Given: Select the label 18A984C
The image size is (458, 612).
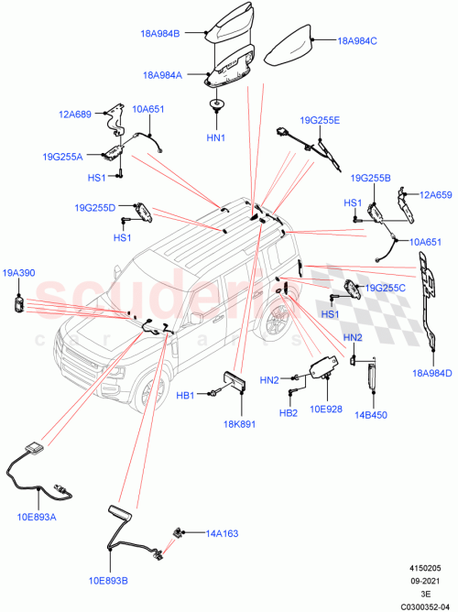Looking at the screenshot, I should pos(356,41).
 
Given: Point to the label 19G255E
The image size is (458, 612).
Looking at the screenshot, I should pos(320,120).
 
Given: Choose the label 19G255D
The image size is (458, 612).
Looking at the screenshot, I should pos(96,208).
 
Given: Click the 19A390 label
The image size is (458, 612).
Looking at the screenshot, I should pos(19,272).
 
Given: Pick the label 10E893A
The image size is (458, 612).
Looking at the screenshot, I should pos(37,517).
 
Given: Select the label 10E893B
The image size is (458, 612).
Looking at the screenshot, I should pos(109,579).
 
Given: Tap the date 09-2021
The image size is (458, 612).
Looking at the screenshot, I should pos(426,580).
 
